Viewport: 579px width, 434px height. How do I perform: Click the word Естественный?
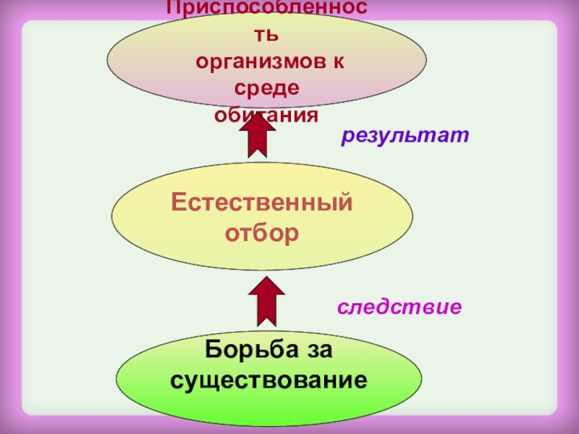(x=262, y=203)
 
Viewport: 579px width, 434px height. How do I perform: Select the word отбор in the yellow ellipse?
(x=262, y=234)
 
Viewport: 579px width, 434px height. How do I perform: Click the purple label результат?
(x=405, y=135)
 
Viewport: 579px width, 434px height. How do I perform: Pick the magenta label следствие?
(x=400, y=307)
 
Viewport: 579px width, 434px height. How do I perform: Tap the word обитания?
(x=267, y=114)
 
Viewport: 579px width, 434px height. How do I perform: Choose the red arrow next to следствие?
(x=266, y=299)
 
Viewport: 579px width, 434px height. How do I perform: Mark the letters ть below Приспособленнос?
(x=268, y=35)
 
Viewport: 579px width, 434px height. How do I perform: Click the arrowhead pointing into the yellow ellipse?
(x=266, y=285)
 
